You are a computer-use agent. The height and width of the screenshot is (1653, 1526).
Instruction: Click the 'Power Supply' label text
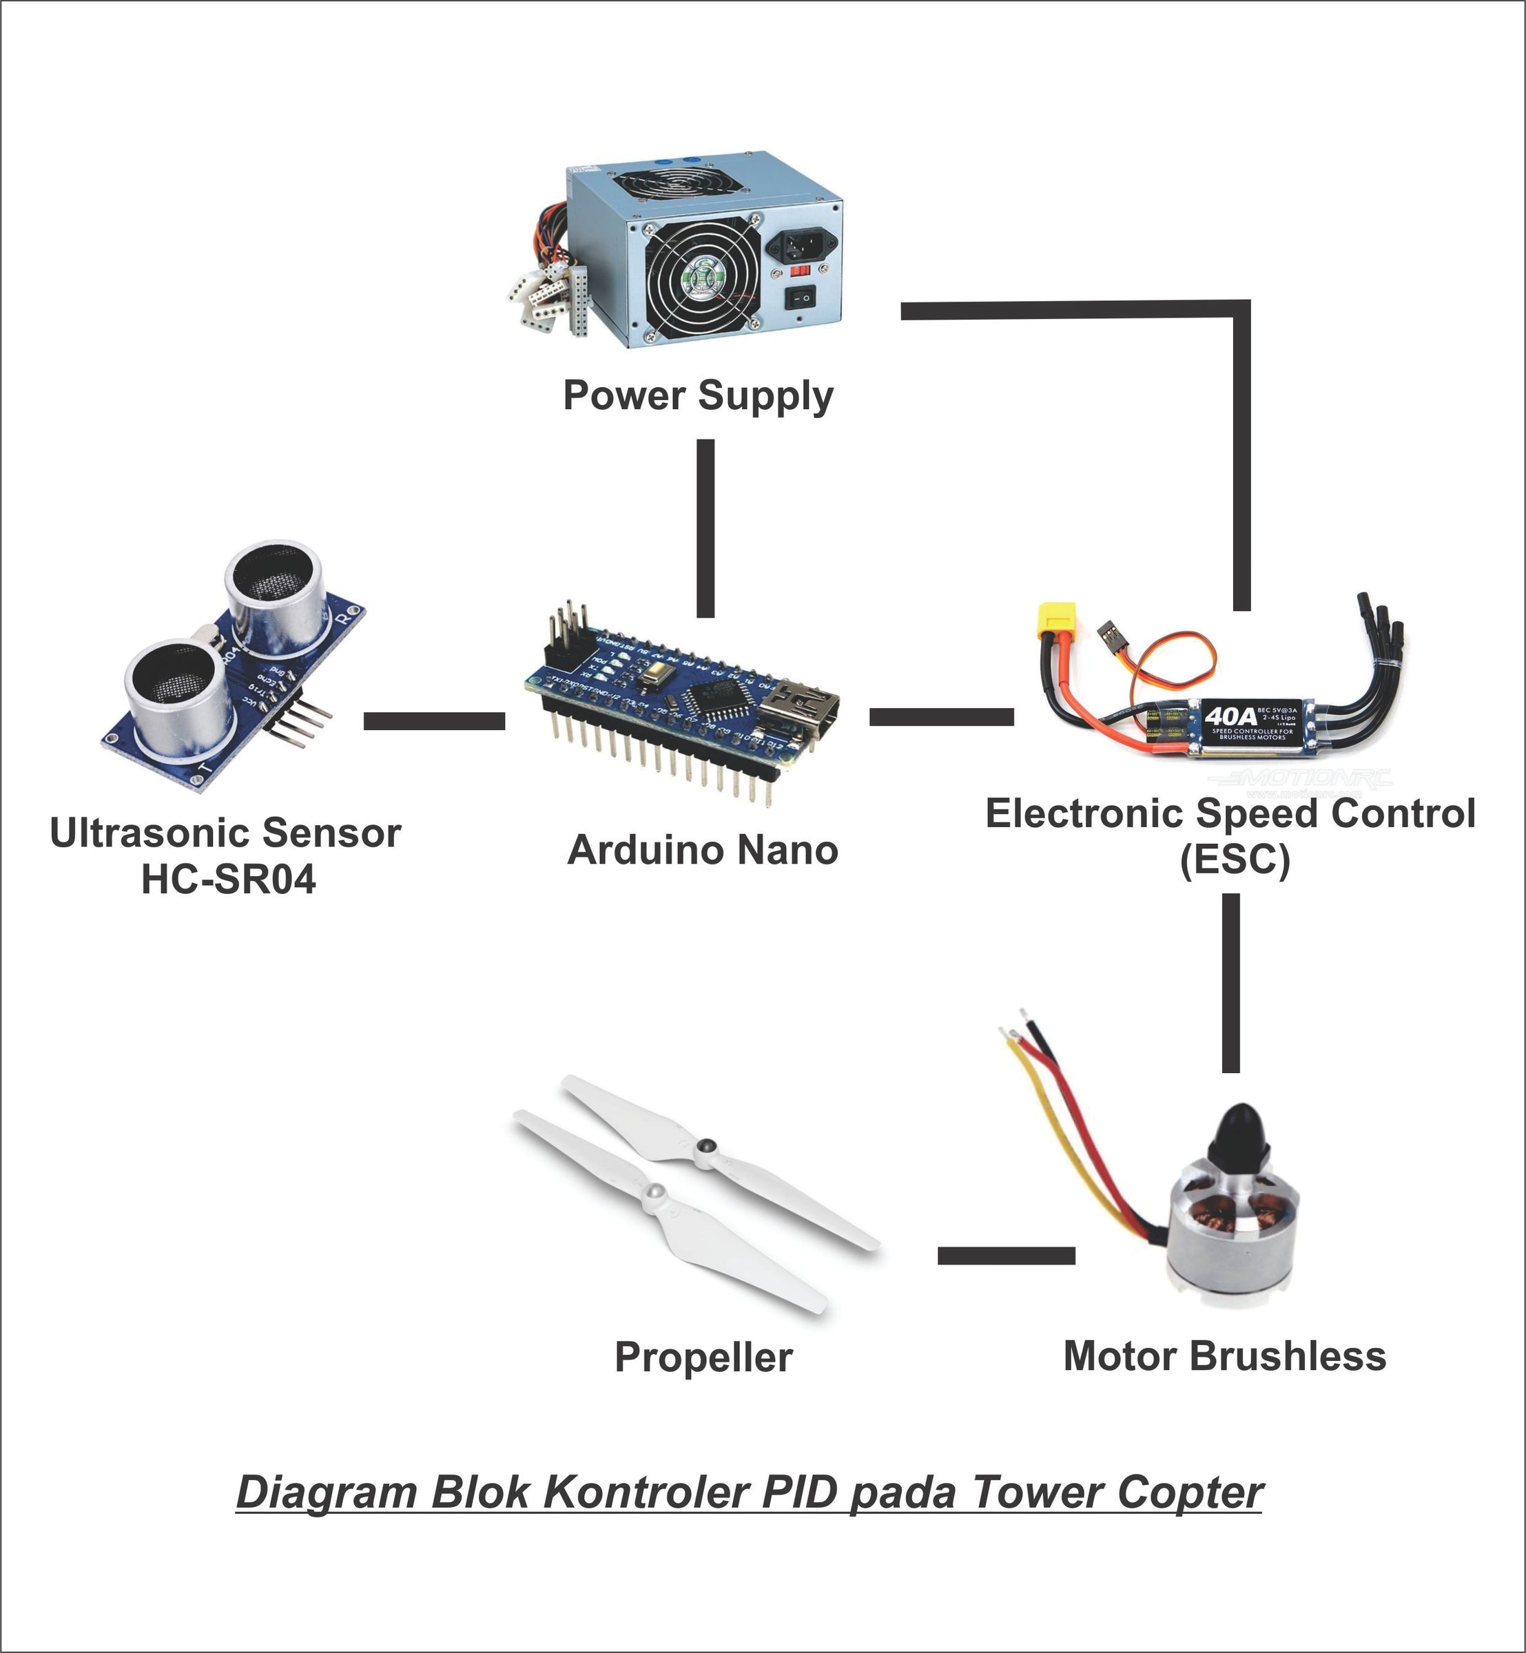tap(698, 395)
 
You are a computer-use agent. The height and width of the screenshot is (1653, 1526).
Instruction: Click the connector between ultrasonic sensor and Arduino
tap(434, 722)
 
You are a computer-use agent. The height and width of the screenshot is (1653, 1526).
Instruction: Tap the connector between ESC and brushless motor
tap(1230, 984)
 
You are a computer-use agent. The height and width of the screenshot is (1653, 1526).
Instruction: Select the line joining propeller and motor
tap(1006, 1256)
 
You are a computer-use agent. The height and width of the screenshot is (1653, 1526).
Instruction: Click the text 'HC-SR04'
tap(229, 880)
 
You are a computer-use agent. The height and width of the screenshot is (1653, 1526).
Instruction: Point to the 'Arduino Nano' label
tap(703, 851)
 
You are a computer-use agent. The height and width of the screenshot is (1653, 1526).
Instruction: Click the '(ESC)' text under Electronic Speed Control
tap(1234, 861)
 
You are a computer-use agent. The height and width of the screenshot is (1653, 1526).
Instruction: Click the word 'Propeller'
tap(703, 1358)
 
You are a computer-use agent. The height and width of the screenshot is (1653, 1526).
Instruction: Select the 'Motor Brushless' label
tap(1224, 1357)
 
